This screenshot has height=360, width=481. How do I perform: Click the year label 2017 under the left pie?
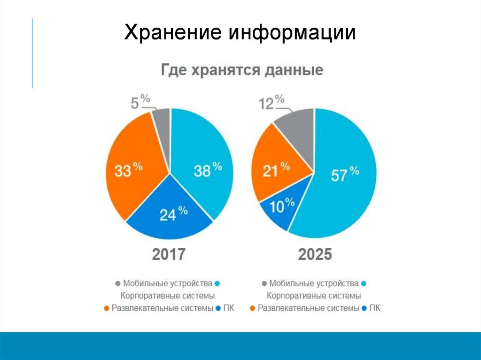click(x=169, y=254)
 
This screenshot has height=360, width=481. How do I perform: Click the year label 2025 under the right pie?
click(x=315, y=254)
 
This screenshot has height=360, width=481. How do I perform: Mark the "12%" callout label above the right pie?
click(x=272, y=102)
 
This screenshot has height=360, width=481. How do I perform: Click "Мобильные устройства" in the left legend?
click(x=168, y=283)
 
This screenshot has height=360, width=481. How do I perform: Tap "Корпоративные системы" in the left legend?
click(x=168, y=296)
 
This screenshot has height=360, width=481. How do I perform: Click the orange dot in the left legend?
click(x=106, y=309)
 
